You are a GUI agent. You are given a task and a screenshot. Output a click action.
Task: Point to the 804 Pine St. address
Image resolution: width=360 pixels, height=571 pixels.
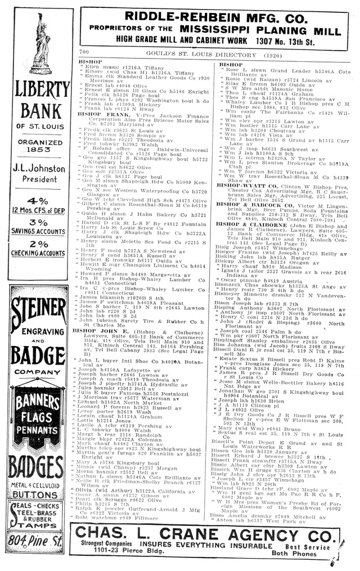point(38,541)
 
